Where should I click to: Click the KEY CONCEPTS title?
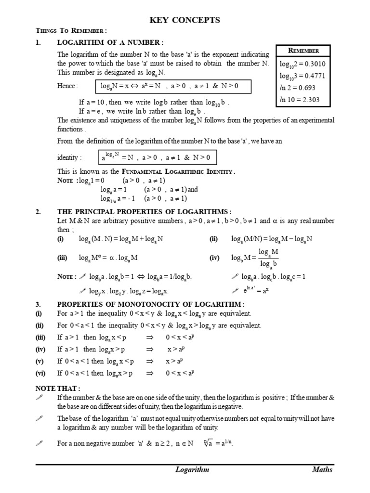[x=185, y=20]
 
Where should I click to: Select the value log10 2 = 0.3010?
[x=299, y=64]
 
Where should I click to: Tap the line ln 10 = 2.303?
[x=299, y=100]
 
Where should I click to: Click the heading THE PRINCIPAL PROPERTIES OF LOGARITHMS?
[x=144, y=212]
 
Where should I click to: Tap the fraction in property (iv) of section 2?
[x=268, y=258]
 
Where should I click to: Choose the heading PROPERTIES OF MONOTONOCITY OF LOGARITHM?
[x=151, y=304]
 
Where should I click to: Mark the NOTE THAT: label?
[x=58, y=389]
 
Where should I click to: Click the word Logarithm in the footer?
[x=192, y=470]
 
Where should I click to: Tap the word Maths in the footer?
[x=322, y=470]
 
